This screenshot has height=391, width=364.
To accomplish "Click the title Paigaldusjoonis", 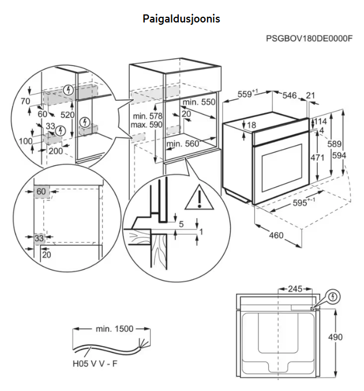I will (181, 18).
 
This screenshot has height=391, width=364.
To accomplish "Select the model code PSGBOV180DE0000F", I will (309, 39).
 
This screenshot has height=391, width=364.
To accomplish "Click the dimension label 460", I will (276, 235).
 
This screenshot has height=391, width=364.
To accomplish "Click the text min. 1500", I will (114, 329).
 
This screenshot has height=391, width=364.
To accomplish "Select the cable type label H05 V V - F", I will (97, 364).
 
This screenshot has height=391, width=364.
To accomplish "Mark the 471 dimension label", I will (317, 157).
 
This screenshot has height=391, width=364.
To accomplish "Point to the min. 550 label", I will (199, 102).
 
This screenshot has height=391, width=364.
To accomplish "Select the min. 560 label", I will (183, 143).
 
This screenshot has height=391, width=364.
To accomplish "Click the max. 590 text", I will (147, 124).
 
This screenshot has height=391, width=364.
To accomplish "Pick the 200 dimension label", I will (55, 151).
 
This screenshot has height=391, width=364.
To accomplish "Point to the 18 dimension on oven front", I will (252, 125).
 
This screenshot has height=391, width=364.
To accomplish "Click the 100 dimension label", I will (25, 141).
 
